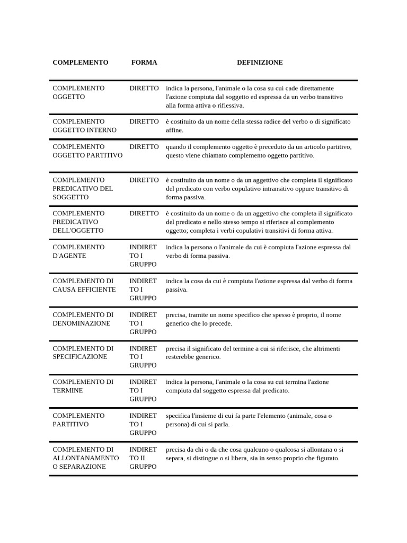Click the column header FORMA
pyautogui.click(x=144, y=63)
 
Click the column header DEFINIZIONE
pyautogui.click(x=260, y=63)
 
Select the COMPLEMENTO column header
pyautogui.click(x=81, y=63)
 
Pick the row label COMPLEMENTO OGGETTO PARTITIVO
pyautogui.click(x=87, y=151)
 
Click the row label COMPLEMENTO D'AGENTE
pyautogui.click(x=78, y=251)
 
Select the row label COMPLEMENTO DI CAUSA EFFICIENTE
pyautogui.click(x=84, y=285)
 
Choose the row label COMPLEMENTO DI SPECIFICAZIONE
pyautogui.click(x=83, y=353)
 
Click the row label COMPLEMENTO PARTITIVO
pyautogui.click(x=78, y=420)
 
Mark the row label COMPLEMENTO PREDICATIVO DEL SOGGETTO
pyautogui.click(x=83, y=188)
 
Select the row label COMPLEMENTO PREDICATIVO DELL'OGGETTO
pyautogui.click(x=78, y=222)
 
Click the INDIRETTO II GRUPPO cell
pyautogui.click(x=143, y=458)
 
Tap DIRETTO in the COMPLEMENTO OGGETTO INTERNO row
pyautogui.click(x=144, y=121)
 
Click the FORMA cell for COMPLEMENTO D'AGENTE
pyautogui.click(x=143, y=256)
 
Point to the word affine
pyautogui.click(x=174, y=130)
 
